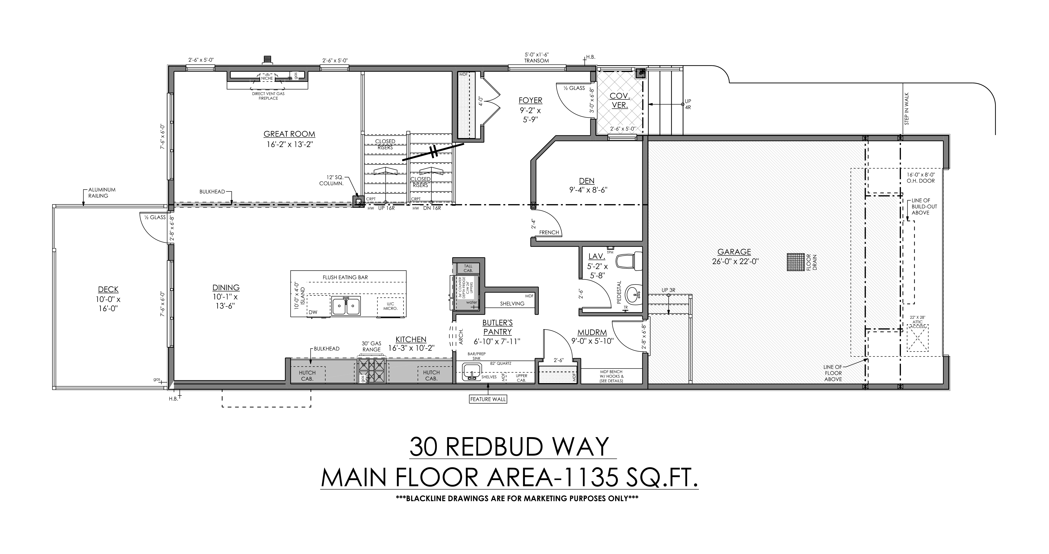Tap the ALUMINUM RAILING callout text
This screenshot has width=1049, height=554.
(102, 193)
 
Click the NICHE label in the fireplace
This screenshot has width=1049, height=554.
(267, 78)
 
